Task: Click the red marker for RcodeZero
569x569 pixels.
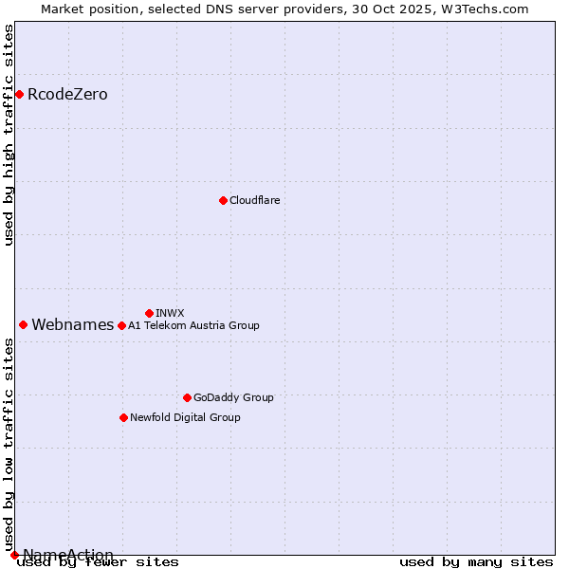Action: coord(19,94)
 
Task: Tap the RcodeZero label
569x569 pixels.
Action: coord(67,94)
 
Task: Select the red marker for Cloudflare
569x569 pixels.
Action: coord(223,200)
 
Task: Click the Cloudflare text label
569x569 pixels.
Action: coord(254,200)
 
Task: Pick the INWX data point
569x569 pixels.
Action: coord(149,313)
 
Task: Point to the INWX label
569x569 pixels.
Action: coord(170,313)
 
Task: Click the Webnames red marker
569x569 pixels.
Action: coord(23,324)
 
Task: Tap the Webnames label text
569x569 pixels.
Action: coord(73,324)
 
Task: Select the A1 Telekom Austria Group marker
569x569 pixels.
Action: coord(121,325)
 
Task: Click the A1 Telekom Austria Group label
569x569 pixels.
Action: coord(193,325)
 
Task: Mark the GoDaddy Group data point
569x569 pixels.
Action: coord(187,397)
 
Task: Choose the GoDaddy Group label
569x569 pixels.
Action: coord(233,397)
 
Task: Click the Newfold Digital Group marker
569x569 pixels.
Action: coord(123,417)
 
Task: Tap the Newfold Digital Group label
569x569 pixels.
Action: coord(185,417)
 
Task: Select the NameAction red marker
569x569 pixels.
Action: coord(14,555)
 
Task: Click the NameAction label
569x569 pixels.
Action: coord(68,555)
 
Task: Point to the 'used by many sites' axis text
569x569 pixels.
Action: coord(476,562)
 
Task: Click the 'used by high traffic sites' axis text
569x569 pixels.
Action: coord(9,135)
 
